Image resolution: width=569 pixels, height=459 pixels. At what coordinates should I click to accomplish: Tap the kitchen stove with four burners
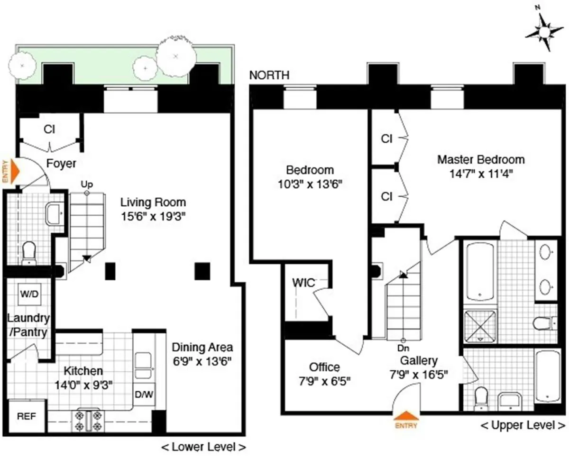(x=88, y=420)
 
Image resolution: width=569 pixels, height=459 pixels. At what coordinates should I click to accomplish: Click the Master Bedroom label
(x=480, y=159)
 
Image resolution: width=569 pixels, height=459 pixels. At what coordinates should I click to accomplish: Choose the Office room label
(x=324, y=367)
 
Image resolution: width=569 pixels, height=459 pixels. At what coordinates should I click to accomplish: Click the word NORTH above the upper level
(x=269, y=75)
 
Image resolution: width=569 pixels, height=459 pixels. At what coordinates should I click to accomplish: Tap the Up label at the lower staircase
(x=86, y=184)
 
